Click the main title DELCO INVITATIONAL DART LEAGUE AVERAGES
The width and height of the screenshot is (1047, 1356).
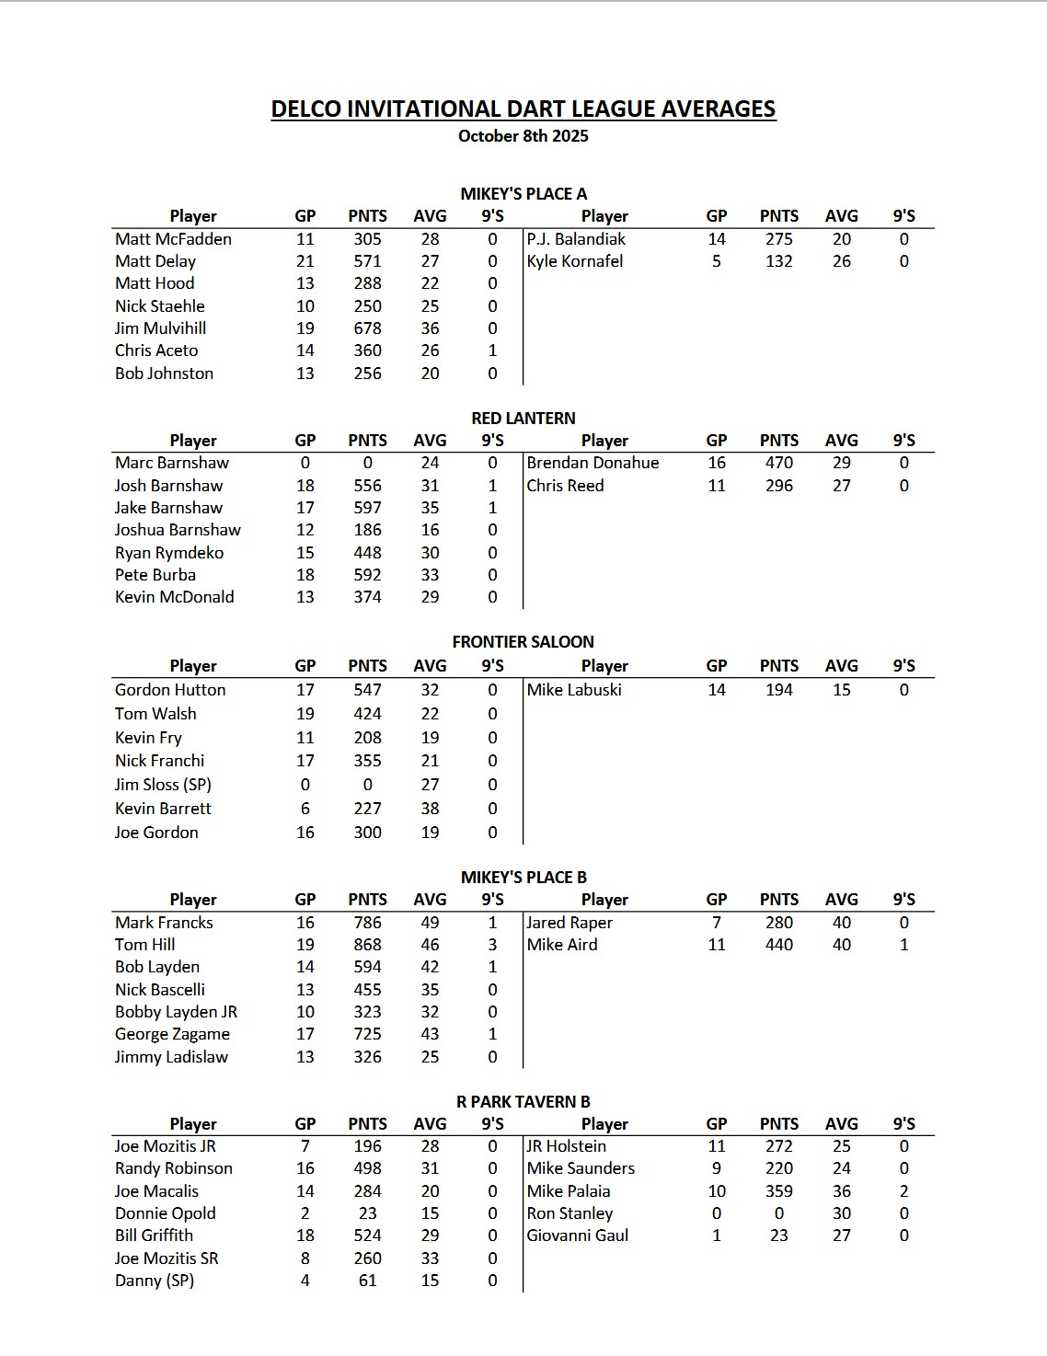click(523, 109)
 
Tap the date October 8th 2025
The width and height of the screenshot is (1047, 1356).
click(523, 136)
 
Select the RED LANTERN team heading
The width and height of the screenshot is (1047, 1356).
click(523, 418)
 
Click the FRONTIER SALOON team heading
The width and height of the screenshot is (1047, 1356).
click(523, 641)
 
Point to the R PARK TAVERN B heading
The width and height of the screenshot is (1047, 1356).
click(523, 1101)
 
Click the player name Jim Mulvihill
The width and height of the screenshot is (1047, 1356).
click(160, 328)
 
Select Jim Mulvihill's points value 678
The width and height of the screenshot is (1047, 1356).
click(367, 328)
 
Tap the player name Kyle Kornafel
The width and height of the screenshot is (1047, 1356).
click(574, 261)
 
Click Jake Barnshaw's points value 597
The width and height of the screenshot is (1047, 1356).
click(367, 508)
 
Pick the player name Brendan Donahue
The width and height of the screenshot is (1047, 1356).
click(593, 463)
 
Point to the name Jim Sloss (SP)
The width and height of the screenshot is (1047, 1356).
click(163, 785)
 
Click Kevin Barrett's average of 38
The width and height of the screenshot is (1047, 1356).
click(430, 809)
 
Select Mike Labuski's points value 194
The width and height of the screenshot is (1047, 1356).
click(778, 690)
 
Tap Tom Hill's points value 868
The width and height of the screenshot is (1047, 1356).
click(367, 945)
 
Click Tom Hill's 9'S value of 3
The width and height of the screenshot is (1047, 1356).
click(492, 945)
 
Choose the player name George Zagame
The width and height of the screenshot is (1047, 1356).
click(172, 1034)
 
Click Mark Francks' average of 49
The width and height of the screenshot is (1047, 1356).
click(430, 923)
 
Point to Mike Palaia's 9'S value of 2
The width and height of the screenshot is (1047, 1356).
click(903, 1191)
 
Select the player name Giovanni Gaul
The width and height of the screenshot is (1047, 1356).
click(577, 1235)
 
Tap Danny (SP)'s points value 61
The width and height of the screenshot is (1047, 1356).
click(367, 1281)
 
